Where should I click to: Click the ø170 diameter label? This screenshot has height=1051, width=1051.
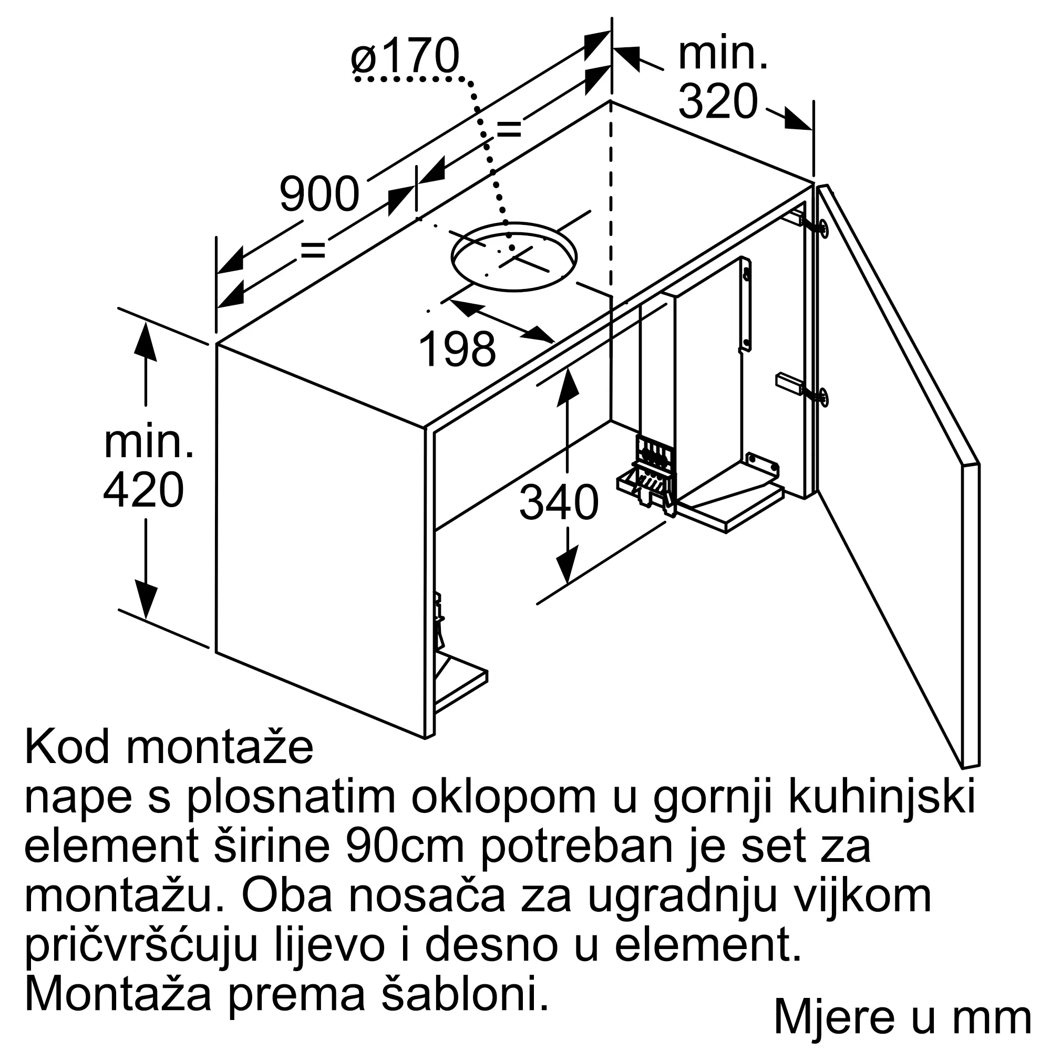coord(405,56)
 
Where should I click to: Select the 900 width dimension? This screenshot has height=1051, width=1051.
coord(320,194)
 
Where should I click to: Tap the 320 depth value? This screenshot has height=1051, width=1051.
coord(718,102)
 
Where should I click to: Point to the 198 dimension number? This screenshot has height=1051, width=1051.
coord(458,349)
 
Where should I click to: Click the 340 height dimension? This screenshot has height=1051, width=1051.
coord(559,503)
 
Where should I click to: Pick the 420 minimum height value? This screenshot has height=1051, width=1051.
coord(143,490)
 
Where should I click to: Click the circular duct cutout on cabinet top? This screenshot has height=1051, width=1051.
coord(513,257)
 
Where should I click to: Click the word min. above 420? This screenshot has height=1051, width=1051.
coord(149,442)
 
